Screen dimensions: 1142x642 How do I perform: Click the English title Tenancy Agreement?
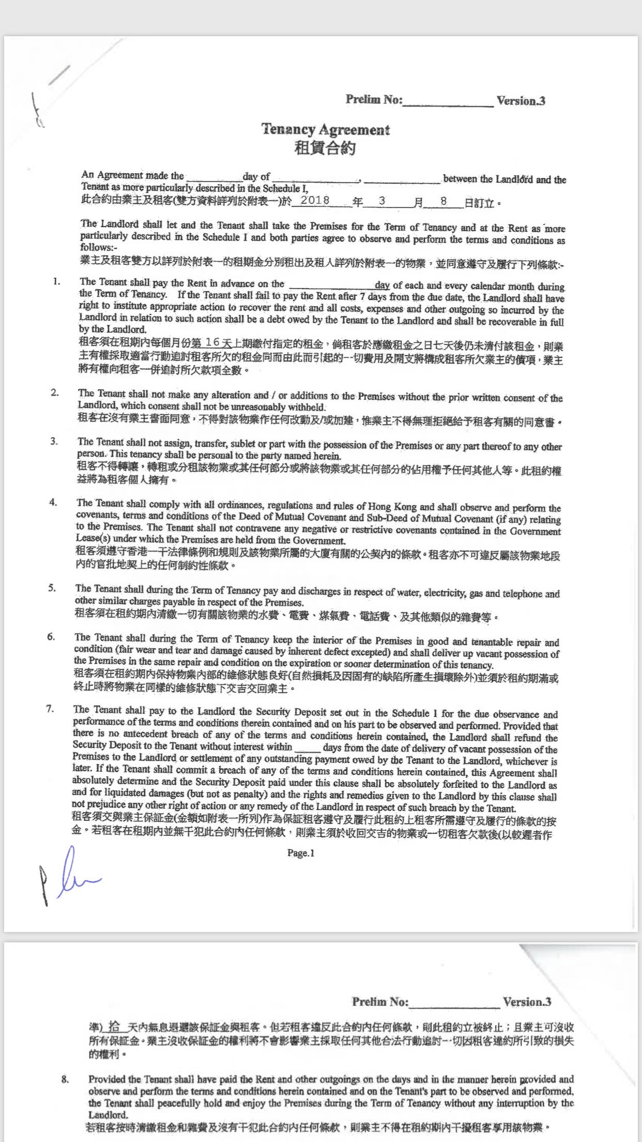[x=325, y=129]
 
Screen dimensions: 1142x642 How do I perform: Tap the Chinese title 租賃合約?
[x=325, y=148]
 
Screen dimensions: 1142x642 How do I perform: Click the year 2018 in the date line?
[x=315, y=201]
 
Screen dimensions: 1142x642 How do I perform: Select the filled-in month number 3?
[x=382, y=201]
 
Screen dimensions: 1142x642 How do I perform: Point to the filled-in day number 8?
[x=444, y=201]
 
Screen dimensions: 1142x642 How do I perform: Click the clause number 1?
[x=56, y=281]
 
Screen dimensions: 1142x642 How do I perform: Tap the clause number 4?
[x=53, y=502]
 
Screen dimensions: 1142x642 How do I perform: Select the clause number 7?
[x=50, y=709]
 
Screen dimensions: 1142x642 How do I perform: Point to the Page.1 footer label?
[x=301, y=853]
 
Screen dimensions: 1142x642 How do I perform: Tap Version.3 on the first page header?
[x=521, y=101]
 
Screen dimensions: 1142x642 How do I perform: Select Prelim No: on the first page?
[x=374, y=99]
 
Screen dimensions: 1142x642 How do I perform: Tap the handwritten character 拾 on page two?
[x=115, y=1026]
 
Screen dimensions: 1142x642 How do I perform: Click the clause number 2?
[x=55, y=393]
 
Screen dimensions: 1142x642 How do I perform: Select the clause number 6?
[x=51, y=637]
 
